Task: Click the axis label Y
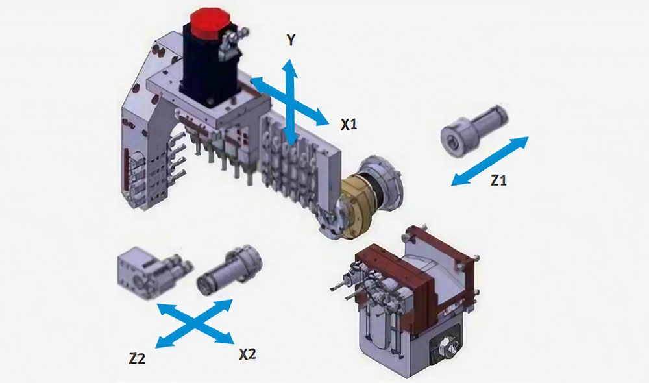click(291, 41)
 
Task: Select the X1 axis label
click(349, 125)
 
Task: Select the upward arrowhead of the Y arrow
click(291, 64)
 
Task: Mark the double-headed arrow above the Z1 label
click(490, 161)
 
